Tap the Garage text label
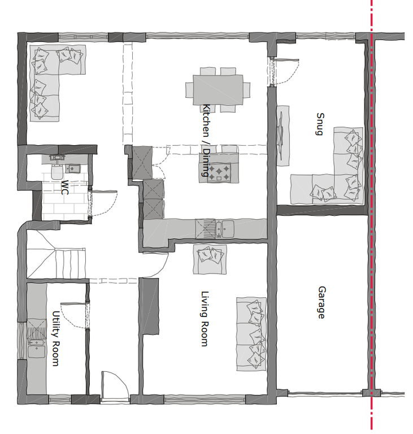321,302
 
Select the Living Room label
204,319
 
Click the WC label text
65,187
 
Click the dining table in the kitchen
218,90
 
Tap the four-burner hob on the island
219,172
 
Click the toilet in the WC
56,172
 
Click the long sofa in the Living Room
251,333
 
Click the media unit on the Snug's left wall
282,134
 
